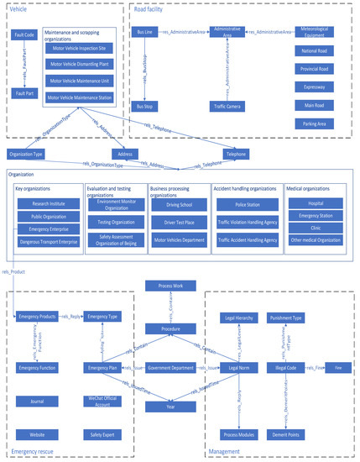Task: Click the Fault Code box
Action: click(24, 36)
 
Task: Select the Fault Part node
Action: click(24, 92)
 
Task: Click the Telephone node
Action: click(237, 155)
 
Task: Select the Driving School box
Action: click(178, 204)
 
